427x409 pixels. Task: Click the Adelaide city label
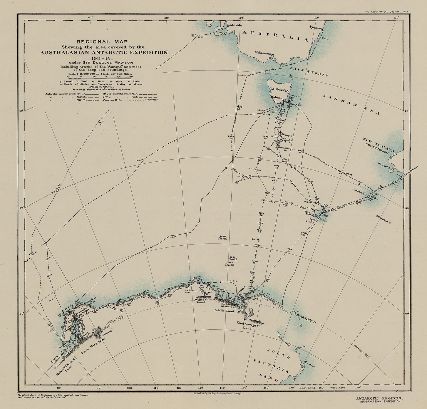click(x=235, y=26)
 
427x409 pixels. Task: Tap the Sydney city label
click(x=316, y=27)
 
